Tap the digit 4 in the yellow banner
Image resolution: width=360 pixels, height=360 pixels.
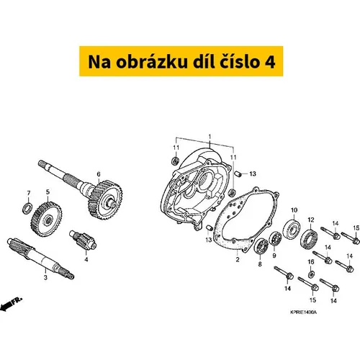pyautogui.click(x=270, y=62)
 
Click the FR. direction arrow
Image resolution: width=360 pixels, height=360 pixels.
pyautogui.click(x=11, y=304)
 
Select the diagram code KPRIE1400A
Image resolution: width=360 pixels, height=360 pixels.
pyautogui.click(x=303, y=312)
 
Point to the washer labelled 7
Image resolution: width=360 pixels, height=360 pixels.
pyautogui.click(x=28, y=208)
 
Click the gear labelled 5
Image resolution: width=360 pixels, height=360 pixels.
pyautogui.click(x=46, y=220)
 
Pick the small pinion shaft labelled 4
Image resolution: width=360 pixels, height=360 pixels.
pyautogui.click(x=83, y=240)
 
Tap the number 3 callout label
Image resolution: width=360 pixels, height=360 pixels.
pyautogui.click(x=45, y=277)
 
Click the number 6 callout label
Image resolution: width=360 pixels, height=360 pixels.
pyautogui.click(x=99, y=174)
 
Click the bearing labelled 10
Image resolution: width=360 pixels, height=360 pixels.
pyautogui.click(x=292, y=229)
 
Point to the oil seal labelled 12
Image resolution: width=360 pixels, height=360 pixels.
pyautogui.click(x=309, y=239)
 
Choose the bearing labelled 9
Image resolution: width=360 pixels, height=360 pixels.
pyautogui.click(x=275, y=238)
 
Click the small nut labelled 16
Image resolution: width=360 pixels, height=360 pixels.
pyautogui.click(x=311, y=274)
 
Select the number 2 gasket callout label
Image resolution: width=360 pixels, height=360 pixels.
pyautogui.click(x=238, y=259)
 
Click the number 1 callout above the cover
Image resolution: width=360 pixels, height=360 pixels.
pyautogui.click(x=210, y=137)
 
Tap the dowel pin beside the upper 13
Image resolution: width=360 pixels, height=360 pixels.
pyautogui.click(x=237, y=174)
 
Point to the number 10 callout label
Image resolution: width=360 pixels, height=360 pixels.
pyautogui.click(x=294, y=210)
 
